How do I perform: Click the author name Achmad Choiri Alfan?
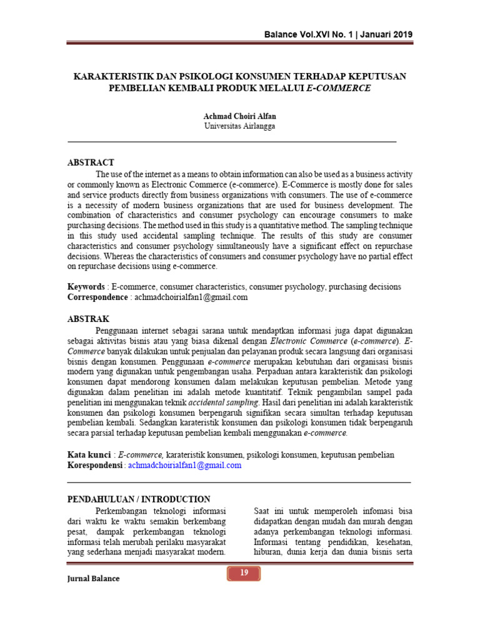pyautogui.click(x=239, y=116)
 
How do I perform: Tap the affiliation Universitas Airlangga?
pyautogui.click(x=239, y=126)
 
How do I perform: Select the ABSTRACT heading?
pyautogui.click(x=91, y=162)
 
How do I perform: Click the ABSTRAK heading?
pyautogui.click(x=88, y=319)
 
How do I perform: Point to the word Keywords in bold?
pyautogui.click(x=86, y=287)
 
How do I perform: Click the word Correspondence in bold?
pyautogui.click(x=97, y=297)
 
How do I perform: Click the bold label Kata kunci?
pyautogui.click(x=89, y=455)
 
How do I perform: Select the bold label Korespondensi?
pyautogui.click(x=95, y=466)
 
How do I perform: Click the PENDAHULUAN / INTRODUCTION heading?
pyautogui.click(x=139, y=499)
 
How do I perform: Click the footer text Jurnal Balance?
pyautogui.click(x=93, y=579)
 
